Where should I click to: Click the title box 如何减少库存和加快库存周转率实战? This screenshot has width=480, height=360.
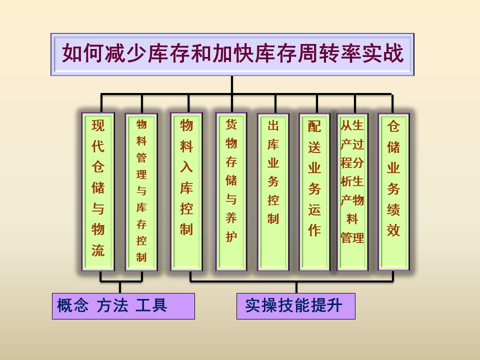pos(232,54)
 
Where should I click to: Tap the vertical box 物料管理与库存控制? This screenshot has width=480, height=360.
pos(141,192)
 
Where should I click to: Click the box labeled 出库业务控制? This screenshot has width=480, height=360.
pos(273,192)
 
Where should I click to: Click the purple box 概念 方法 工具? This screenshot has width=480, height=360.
pos(123,305)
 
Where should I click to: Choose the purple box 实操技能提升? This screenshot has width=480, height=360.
pos(295,305)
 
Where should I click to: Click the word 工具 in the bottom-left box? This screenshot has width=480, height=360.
pos(151,305)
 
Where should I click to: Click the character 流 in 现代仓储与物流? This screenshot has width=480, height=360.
pos(98,250)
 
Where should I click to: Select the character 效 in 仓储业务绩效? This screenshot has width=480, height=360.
pos(393,230)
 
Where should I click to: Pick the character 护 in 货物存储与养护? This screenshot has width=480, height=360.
pos(231,236)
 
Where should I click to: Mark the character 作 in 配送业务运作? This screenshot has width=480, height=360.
pos(314,230)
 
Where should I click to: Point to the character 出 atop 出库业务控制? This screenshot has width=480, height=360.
pos(273,125)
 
